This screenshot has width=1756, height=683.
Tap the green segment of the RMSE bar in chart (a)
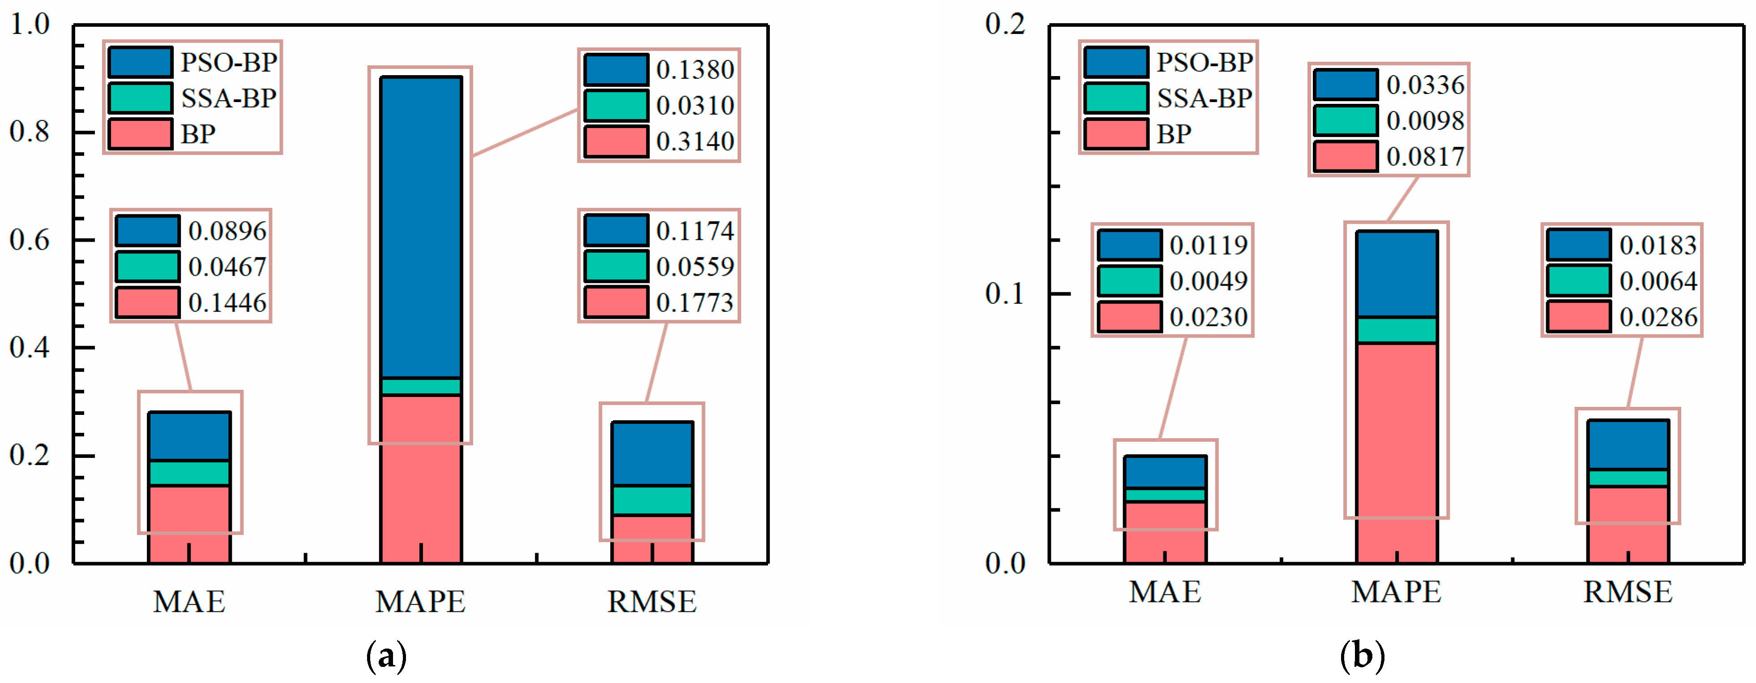pyautogui.click(x=652, y=499)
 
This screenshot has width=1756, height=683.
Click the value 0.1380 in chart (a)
pyautogui.click(x=695, y=69)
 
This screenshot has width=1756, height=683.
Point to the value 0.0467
pyautogui.click(x=227, y=266)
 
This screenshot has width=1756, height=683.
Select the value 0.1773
pyautogui.click(x=695, y=303)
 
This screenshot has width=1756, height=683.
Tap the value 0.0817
pyautogui.click(x=1425, y=157)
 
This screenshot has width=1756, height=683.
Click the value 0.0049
pyautogui.click(x=1208, y=281)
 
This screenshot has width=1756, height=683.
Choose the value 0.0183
pyautogui.click(x=1658, y=245)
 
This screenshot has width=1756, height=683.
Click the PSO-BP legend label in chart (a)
pyautogui.click(x=228, y=63)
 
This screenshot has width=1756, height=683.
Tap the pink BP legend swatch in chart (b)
pyautogui.click(x=1116, y=133)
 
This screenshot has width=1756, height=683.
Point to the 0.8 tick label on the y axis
pyautogui.click(x=30, y=132)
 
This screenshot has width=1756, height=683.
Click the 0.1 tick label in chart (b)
pyautogui.click(x=1005, y=294)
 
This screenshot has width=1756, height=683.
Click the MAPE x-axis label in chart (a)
pyautogui.click(x=421, y=601)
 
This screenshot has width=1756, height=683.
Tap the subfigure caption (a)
pyautogui.click(x=386, y=657)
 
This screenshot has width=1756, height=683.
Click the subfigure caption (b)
pyautogui.click(x=1362, y=657)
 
